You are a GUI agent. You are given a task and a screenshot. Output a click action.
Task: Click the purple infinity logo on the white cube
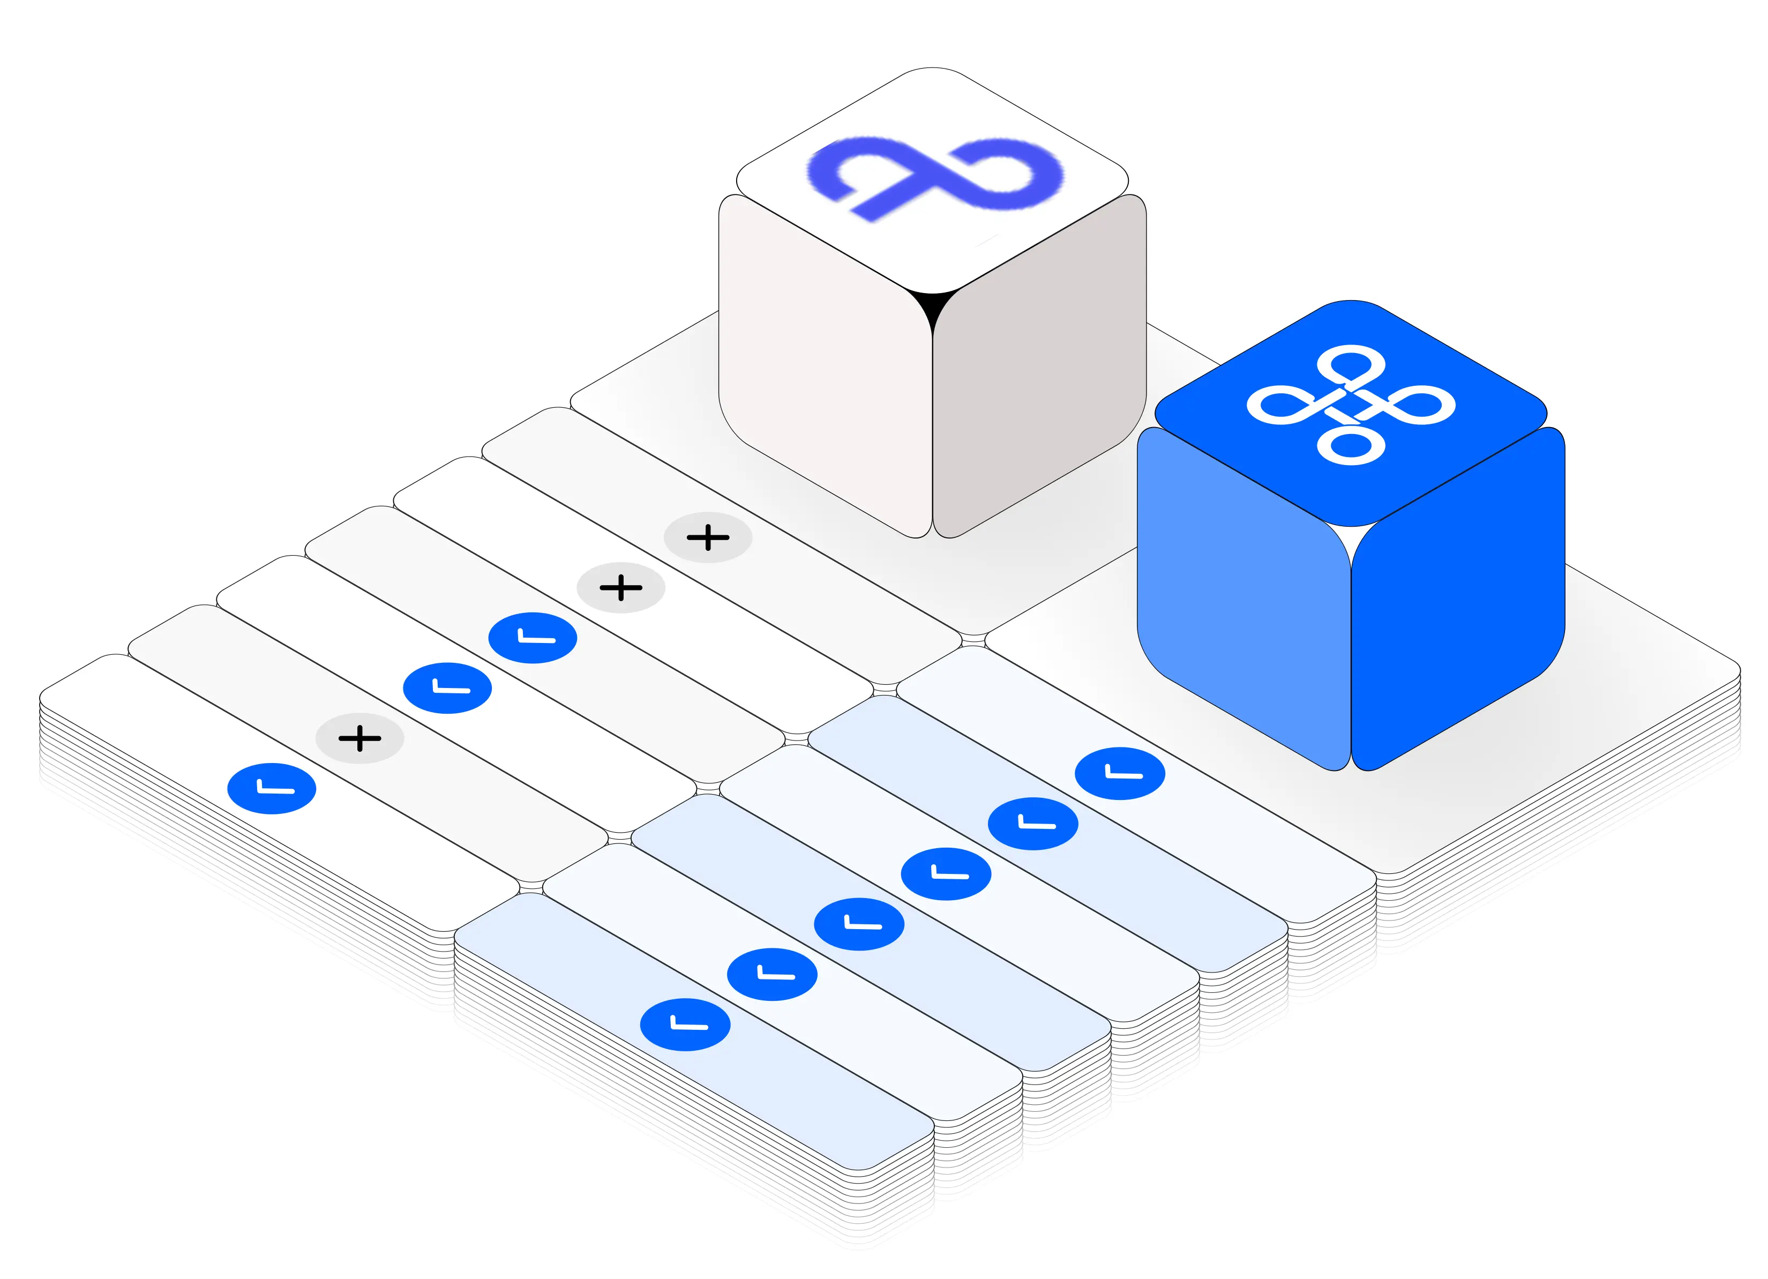934,176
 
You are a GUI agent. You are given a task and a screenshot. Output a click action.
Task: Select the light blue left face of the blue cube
1243,600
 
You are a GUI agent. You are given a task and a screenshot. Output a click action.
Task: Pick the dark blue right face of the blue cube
1458,600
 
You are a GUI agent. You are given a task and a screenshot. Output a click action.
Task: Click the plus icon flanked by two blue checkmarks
359,737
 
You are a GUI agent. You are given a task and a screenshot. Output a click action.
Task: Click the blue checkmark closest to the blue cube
1119,773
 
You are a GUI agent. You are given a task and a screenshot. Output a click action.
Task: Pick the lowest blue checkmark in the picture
685,1024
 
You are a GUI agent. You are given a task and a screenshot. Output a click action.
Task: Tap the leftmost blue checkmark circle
271,788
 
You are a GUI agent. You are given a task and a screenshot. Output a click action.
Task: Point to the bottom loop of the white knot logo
1351,445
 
